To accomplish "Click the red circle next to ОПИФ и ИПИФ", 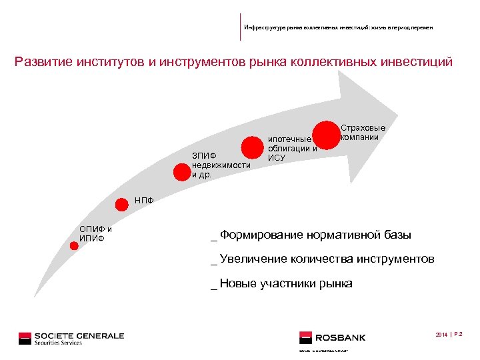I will click(74, 246).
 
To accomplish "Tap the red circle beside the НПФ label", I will click(122, 204).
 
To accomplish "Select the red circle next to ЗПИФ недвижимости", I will click(181, 172).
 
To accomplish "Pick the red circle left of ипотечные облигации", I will click(252, 148).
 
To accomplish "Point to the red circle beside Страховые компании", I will click(327, 134).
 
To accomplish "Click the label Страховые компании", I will click(363, 132).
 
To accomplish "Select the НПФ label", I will click(144, 199).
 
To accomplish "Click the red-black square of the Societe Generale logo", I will click(25, 338).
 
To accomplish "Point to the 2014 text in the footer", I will click(441, 334).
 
